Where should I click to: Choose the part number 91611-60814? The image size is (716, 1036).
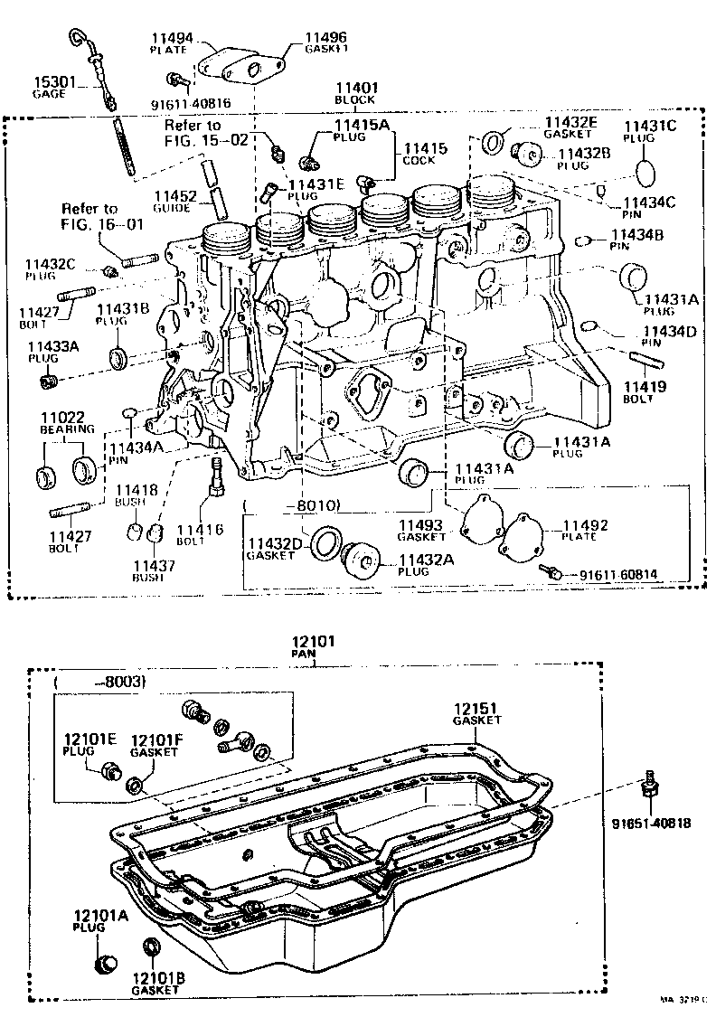coord(619,574)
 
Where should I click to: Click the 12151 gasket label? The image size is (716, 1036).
coord(476,713)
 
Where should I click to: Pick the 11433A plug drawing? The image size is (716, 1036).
coord(50,381)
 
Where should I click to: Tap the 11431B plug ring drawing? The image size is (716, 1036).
coord(118,358)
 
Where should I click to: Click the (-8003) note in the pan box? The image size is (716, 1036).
coord(101,682)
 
